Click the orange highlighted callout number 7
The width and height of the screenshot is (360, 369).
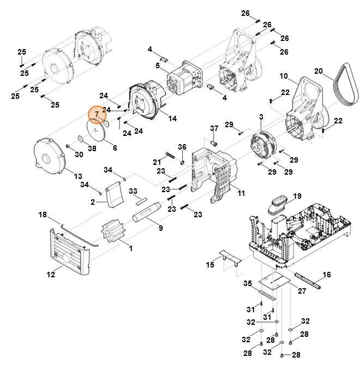(x=97, y=114)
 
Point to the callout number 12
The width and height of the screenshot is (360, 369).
(x=51, y=275)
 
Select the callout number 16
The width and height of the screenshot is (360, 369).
(x=327, y=274)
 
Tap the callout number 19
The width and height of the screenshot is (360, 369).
(x=297, y=195)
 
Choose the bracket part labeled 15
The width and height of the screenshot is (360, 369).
(x=226, y=258)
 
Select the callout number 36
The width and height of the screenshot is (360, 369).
(x=182, y=147)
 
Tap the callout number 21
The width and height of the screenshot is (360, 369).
(x=157, y=162)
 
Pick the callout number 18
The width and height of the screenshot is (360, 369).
(x=42, y=216)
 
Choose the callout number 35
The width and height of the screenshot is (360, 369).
(x=248, y=283)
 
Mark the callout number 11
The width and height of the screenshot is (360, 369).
(x=241, y=193)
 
